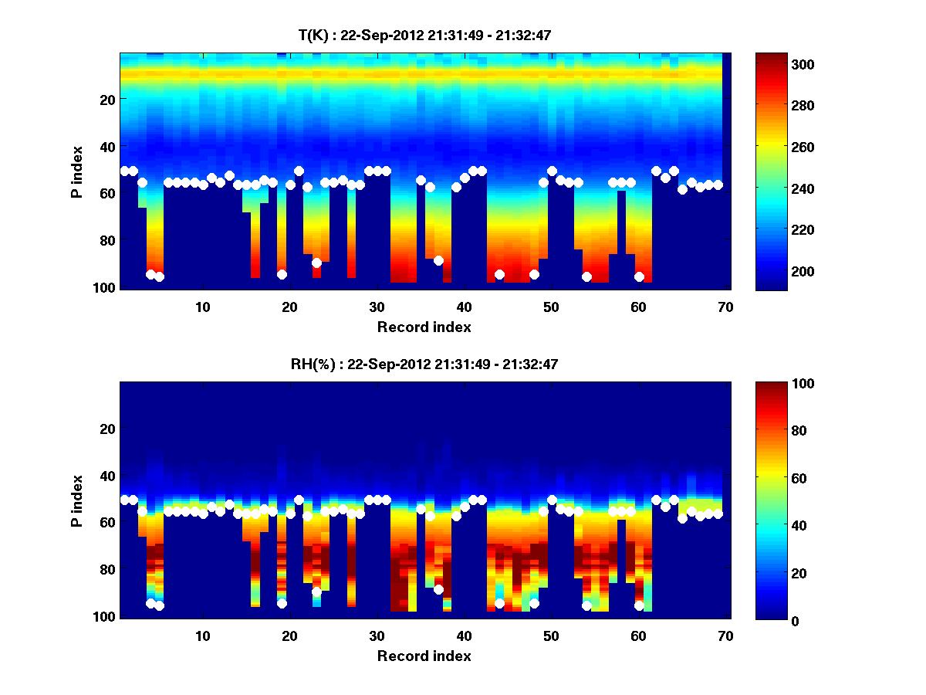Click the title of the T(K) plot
(x=424, y=35)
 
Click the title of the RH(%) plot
(x=424, y=364)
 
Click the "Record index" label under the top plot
(x=424, y=327)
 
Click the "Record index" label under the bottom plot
(x=424, y=656)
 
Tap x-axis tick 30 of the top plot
(x=377, y=307)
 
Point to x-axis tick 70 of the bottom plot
(x=725, y=636)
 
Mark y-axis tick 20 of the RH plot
(x=108, y=429)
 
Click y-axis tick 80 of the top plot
(x=108, y=240)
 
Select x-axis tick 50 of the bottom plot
(x=551, y=636)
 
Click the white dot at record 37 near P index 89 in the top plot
(x=438, y=260)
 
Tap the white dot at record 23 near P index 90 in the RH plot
(x=316, y=592)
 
